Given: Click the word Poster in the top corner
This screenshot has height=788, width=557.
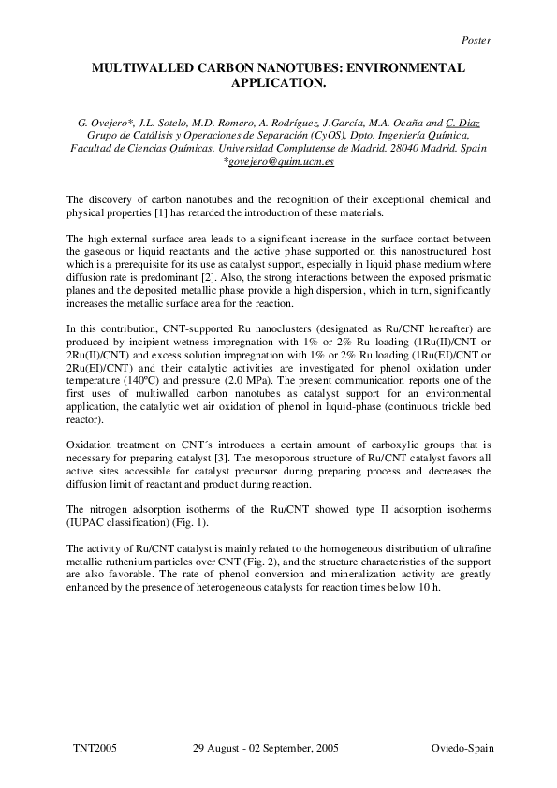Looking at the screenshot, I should (x=476, y=40).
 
